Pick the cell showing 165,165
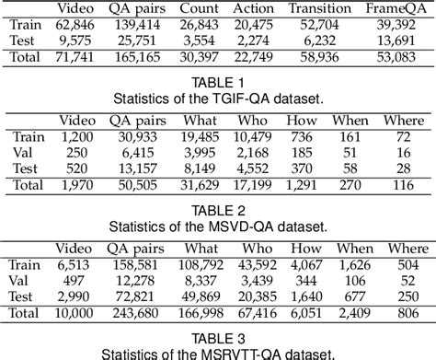pos(149,57)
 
